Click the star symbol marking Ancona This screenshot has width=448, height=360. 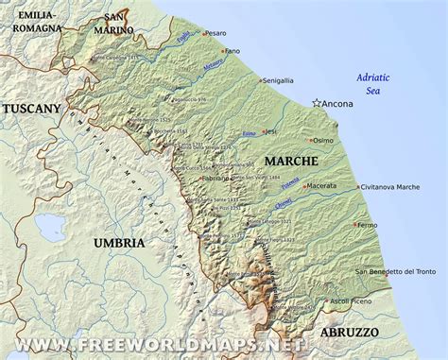(316, 103)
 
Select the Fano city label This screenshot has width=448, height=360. (233, 50)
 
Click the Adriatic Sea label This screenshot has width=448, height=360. (373, 83)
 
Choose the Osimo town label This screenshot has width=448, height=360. (322, 140)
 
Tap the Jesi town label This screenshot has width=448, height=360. (272, 131)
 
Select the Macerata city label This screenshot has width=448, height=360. (320, 186)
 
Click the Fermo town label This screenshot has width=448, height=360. (366, 225)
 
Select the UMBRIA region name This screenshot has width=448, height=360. (119, 243)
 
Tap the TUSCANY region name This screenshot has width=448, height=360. (31, 110)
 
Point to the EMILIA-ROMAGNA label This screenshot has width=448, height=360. (31, 21)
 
